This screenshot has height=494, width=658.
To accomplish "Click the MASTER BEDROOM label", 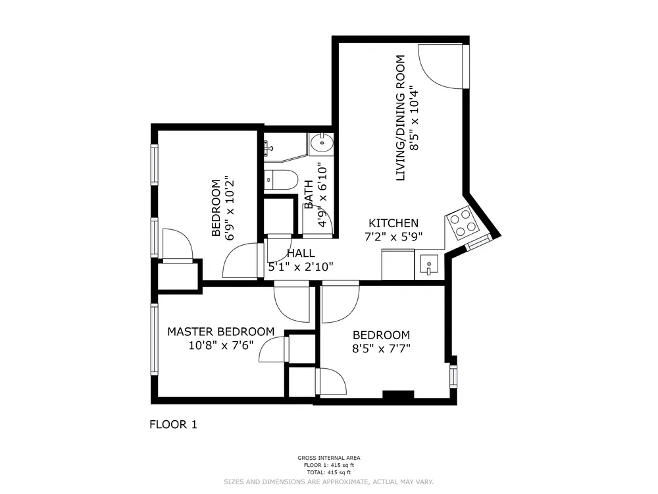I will coord(220,331).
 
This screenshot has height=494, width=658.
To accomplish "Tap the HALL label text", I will coord(301,253).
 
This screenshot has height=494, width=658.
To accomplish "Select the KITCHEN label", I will coord(393,223).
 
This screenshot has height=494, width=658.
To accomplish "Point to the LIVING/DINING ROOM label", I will coord(399,118).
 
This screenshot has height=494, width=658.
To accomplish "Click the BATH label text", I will coord(309,194).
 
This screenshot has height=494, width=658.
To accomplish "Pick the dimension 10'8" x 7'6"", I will coord(220,345).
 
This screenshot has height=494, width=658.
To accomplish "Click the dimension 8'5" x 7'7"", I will coord(381,348).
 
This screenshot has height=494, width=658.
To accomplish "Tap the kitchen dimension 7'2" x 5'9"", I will coord(393,237).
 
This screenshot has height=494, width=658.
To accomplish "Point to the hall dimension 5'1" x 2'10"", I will coord(301,267).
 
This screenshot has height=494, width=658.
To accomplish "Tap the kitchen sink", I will coord(429,266).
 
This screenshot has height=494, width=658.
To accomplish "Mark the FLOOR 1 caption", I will coord(173,425).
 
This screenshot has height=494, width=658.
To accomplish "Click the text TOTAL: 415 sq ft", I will coord(328,472).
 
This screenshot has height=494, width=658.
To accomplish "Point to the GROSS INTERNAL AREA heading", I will coord(328,458).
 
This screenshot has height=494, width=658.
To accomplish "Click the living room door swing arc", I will coord(440,66).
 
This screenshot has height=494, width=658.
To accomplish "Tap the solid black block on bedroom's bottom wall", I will coord(398,395).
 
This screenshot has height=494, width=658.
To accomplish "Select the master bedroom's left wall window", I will coord(155,339).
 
